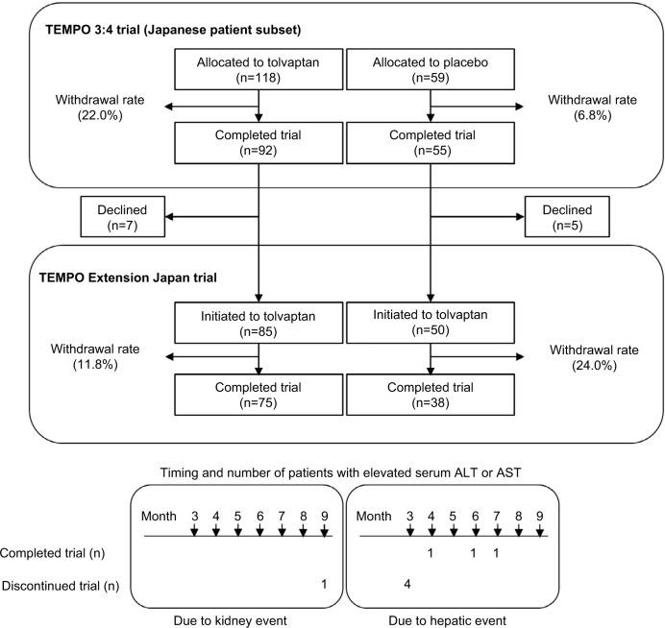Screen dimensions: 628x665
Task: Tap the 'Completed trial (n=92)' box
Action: (259, 141)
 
